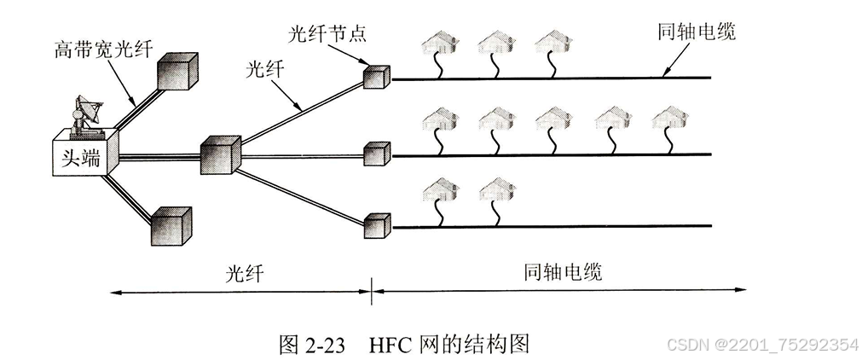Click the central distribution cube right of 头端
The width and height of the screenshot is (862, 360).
pos(222,154)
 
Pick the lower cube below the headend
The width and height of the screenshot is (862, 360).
pos(171,224)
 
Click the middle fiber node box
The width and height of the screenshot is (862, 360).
pos(377,154)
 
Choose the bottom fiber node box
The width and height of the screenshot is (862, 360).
pos(377,225)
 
